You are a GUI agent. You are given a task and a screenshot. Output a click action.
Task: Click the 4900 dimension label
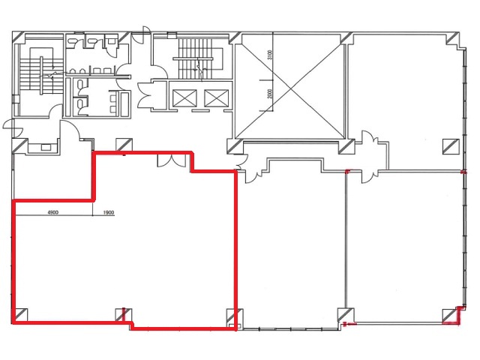click(53, 212)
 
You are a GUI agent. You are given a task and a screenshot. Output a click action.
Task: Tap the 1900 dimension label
click(109, 212)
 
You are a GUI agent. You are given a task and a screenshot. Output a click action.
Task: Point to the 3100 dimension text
click(269, 55)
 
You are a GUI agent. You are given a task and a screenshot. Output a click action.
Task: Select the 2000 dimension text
click(269, 94)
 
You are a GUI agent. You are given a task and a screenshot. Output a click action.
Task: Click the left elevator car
click(184, 98)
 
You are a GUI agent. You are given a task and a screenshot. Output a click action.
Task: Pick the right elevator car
click(217, 98)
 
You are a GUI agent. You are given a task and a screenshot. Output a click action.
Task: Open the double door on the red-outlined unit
click(171, 160)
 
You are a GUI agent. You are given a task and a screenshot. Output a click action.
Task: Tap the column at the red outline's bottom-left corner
click(20, 315)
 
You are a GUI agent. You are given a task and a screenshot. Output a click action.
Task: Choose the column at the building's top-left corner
click(19, 38)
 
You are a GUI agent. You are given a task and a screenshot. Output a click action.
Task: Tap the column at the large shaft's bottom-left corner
click(235, 147)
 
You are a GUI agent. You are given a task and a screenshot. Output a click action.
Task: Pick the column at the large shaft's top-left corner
click(235, 38)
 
